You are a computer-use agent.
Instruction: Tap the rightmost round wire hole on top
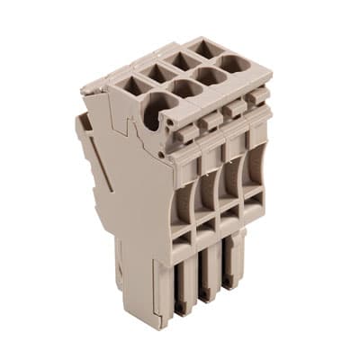point(236,65)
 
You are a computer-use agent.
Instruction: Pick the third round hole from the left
point(211,76)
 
